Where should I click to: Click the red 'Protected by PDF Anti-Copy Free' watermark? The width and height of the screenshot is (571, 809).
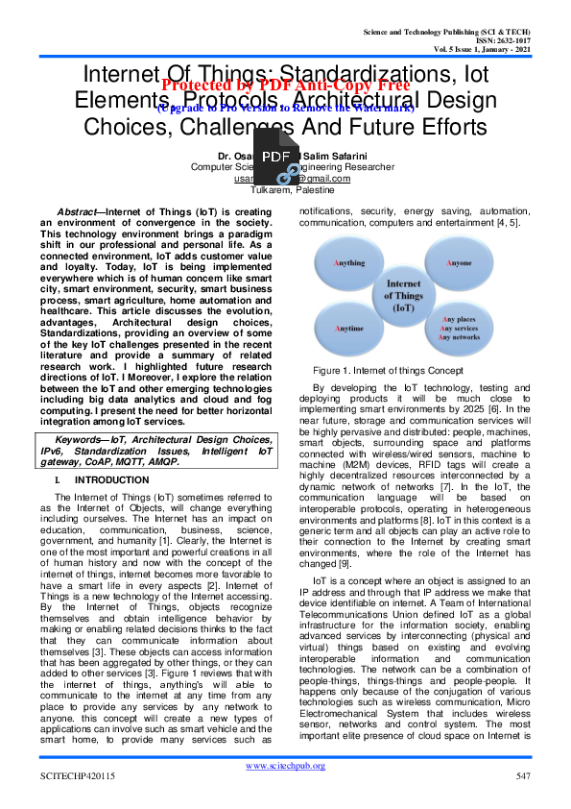click(286, 85)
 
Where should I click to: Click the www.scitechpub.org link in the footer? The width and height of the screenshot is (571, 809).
click(285, 766)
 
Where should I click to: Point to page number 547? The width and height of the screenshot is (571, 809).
click(523, 775)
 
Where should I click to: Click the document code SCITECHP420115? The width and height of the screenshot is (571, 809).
click(77, 775)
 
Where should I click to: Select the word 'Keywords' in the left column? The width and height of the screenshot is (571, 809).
click(82, 440)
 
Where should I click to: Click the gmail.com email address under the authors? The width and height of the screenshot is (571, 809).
click(284, 179)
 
